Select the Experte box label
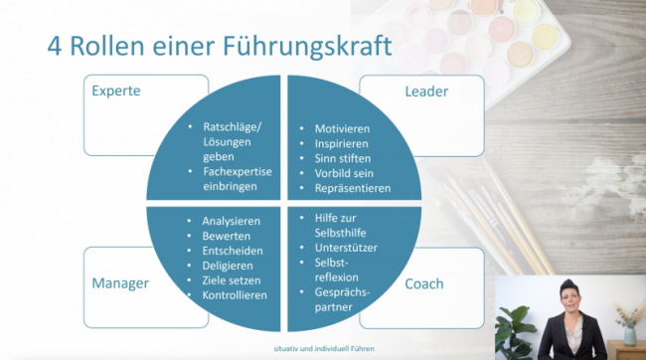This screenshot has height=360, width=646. click(116, 91)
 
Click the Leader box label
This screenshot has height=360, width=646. click(427, 91)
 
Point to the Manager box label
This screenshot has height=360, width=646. click(120, 283)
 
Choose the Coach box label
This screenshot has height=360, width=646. click(423, 283)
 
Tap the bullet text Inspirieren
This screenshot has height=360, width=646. click(341, 144)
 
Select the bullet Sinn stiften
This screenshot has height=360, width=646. click(344, 159)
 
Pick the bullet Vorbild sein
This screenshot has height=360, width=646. click(345, 173)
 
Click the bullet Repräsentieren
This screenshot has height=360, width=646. click(353, 188)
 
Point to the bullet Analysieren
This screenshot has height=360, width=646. click(231, 221)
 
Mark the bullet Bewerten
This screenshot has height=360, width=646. click(227, 236)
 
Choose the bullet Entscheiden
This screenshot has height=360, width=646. click(232, 251)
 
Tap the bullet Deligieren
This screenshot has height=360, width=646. click(228, 266)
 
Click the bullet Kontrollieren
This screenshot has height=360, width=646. click(235, 295)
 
